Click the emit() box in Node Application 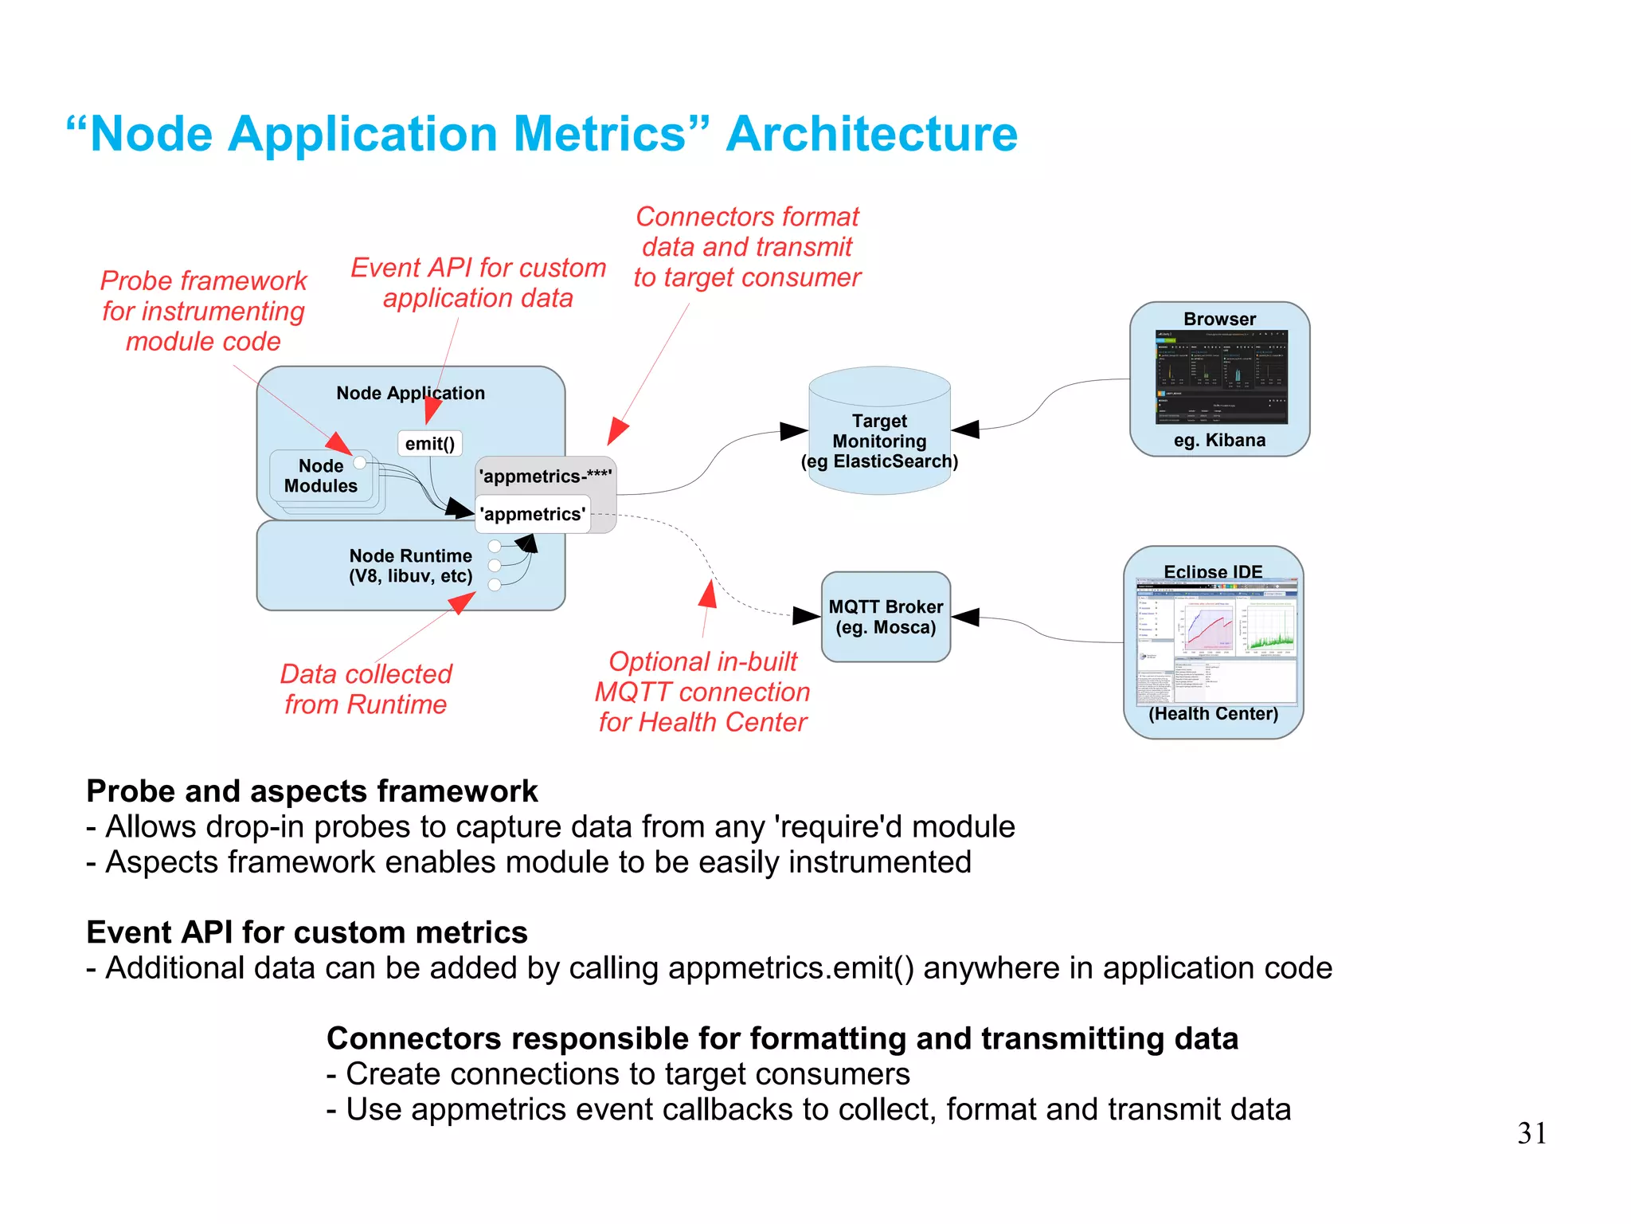pyautogui.click(x=429, y=444)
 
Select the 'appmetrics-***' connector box pyautogui.click(x=546, y=477)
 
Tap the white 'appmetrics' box pyautogui.click(x=532, y=515)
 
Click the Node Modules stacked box pyautogui.click(x=322, y=477)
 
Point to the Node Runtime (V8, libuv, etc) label pyautogui.click(x=410, y=566)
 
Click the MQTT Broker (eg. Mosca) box pyautogui.click(x=886, y=617)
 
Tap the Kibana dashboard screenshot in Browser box pyautogui.click(x=1220, y=378)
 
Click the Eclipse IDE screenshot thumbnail pyautogui.click(x=1215, y=642)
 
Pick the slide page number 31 pyautogui.click(x=1531, y=1133)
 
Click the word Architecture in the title pyautogui.click(x=871, y=134)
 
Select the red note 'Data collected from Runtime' pyautogui.click(x=366, y=689)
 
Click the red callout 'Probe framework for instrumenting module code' pyautogui.click(x=204, y=311)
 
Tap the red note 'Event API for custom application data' pyautogui.click(x=478, y=283)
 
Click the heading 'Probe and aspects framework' pyautogui.click(x=311, y=791)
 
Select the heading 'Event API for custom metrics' pyautogui.click(x=307, y=932)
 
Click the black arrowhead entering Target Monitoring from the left pyautogui.click(x=793, y=431)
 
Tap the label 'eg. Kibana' pyautogui.click(x=1219, y=440)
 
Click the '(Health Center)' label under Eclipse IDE pyautogui.click(x=1213, y=714)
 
